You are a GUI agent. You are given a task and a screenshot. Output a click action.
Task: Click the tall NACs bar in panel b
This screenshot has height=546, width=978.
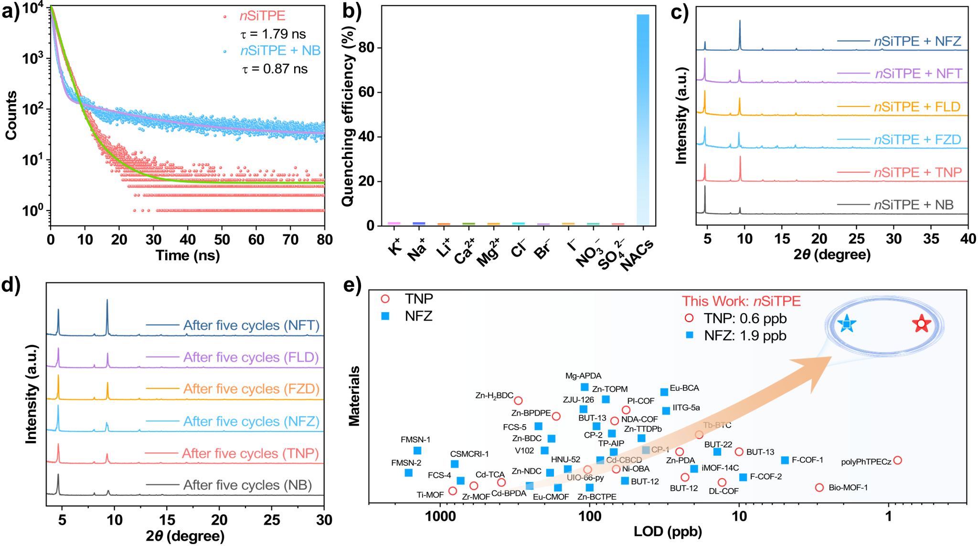click(x=643, y=119)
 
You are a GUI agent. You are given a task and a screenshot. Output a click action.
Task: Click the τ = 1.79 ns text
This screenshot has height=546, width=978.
click(x=273, y=34)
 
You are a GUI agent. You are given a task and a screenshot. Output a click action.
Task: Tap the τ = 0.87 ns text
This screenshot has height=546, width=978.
click(x=275, y=69)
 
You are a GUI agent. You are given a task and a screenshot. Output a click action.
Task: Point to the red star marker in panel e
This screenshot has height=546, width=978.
click(x=921, y=324)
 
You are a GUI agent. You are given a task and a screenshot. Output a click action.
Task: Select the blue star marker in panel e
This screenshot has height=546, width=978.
click(x=847, y=324)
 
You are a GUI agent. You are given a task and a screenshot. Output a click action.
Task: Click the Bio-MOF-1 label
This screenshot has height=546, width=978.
click(x=848, y=487)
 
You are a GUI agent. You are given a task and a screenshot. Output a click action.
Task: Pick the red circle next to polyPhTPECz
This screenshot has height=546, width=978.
click(x=897, y=460)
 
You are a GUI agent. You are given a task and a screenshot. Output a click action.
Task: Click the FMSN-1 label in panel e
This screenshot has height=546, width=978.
click(x=415, y=440)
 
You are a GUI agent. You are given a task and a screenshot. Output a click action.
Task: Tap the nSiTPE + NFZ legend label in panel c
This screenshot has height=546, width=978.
click(x=917, y=42)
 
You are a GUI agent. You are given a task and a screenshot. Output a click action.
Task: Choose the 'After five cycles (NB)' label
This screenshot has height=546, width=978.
click(x=247, y=485)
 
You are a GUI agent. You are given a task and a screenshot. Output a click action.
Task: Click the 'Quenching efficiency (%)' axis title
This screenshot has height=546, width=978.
click(x=348, y=117)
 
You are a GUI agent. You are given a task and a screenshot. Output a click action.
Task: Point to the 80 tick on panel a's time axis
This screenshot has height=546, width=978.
click(x=325, y=239)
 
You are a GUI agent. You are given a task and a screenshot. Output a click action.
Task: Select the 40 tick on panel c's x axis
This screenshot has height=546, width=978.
click(x=967, y=238)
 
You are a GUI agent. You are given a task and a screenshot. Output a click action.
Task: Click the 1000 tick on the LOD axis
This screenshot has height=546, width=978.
click(x=440, y=516)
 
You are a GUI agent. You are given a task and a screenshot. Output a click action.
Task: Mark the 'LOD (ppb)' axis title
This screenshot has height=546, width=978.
click(x=668, y=531)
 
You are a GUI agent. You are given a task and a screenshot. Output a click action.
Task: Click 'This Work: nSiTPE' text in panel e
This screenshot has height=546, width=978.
click(x=741, y=301)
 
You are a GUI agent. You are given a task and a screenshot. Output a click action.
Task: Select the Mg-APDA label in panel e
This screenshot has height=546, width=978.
click(x=583, y=376)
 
